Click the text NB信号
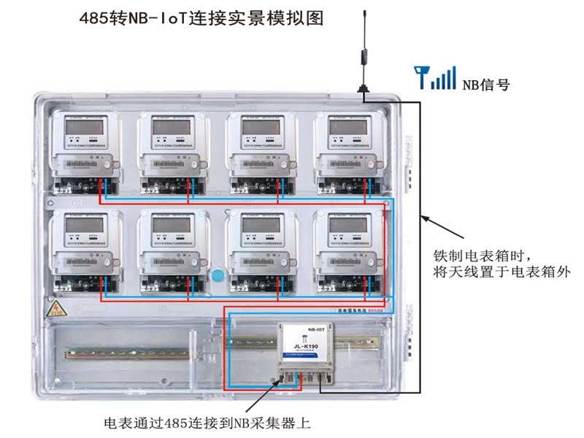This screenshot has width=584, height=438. [x=485, y=85]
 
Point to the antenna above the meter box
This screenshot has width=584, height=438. [x=363, y=51]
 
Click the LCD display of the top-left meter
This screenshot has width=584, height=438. [x=82, y=127]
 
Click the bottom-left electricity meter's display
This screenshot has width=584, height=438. [x=82, y=228]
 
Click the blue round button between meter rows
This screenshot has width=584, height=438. [x=217, y=277]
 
